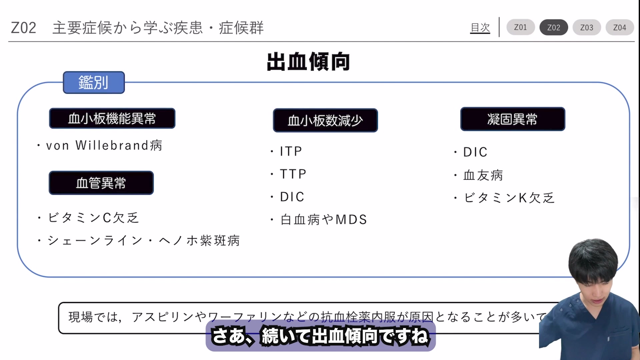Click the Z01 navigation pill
pyautogui.click(x=520, y=27)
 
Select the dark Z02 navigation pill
pyautogui.click(x=554, y=28)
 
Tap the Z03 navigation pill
pyautogui.click(x=587, y=28)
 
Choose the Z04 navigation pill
pyautogui.click(x=620, y=28)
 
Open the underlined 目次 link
pyautogui.click(x=480, y=28)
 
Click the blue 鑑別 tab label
pyautogui.click(x=94, y=82)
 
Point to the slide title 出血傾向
pyautogui.click(x=308, y=62)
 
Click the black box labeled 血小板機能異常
pyautogui.click(x=112, y=118)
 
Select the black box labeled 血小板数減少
pyautogui.click(x=325, y=120)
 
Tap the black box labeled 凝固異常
pyautogui.click(x=513, y=119)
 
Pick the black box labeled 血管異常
pyautogui.click(x=101, y=183)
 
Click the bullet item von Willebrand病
pyautogui.click(x=104, y=146)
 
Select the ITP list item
pyautogui.click(x=291, y=151)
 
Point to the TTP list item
pyautogui.click(x=293, y=174)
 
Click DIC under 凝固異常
pyautogui.click(x=475, y=152)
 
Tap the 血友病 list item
pyautogui.click(x=483, y=175)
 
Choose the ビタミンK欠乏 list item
pyautogui.click(x=509, y=198)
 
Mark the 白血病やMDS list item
pyautogui.click(x=324, y=220)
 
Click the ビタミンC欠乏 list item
pyautogui.click(x=93, y=218)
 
